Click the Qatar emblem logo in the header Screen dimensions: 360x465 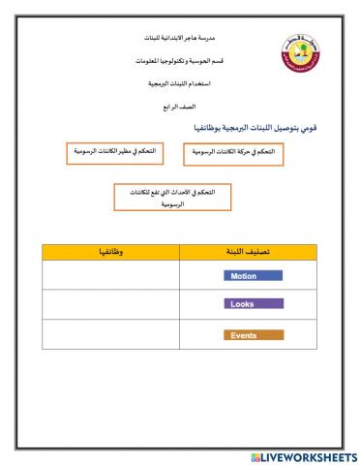click(x=299, y=57)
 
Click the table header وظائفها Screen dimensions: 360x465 click(x=105, y=252)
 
